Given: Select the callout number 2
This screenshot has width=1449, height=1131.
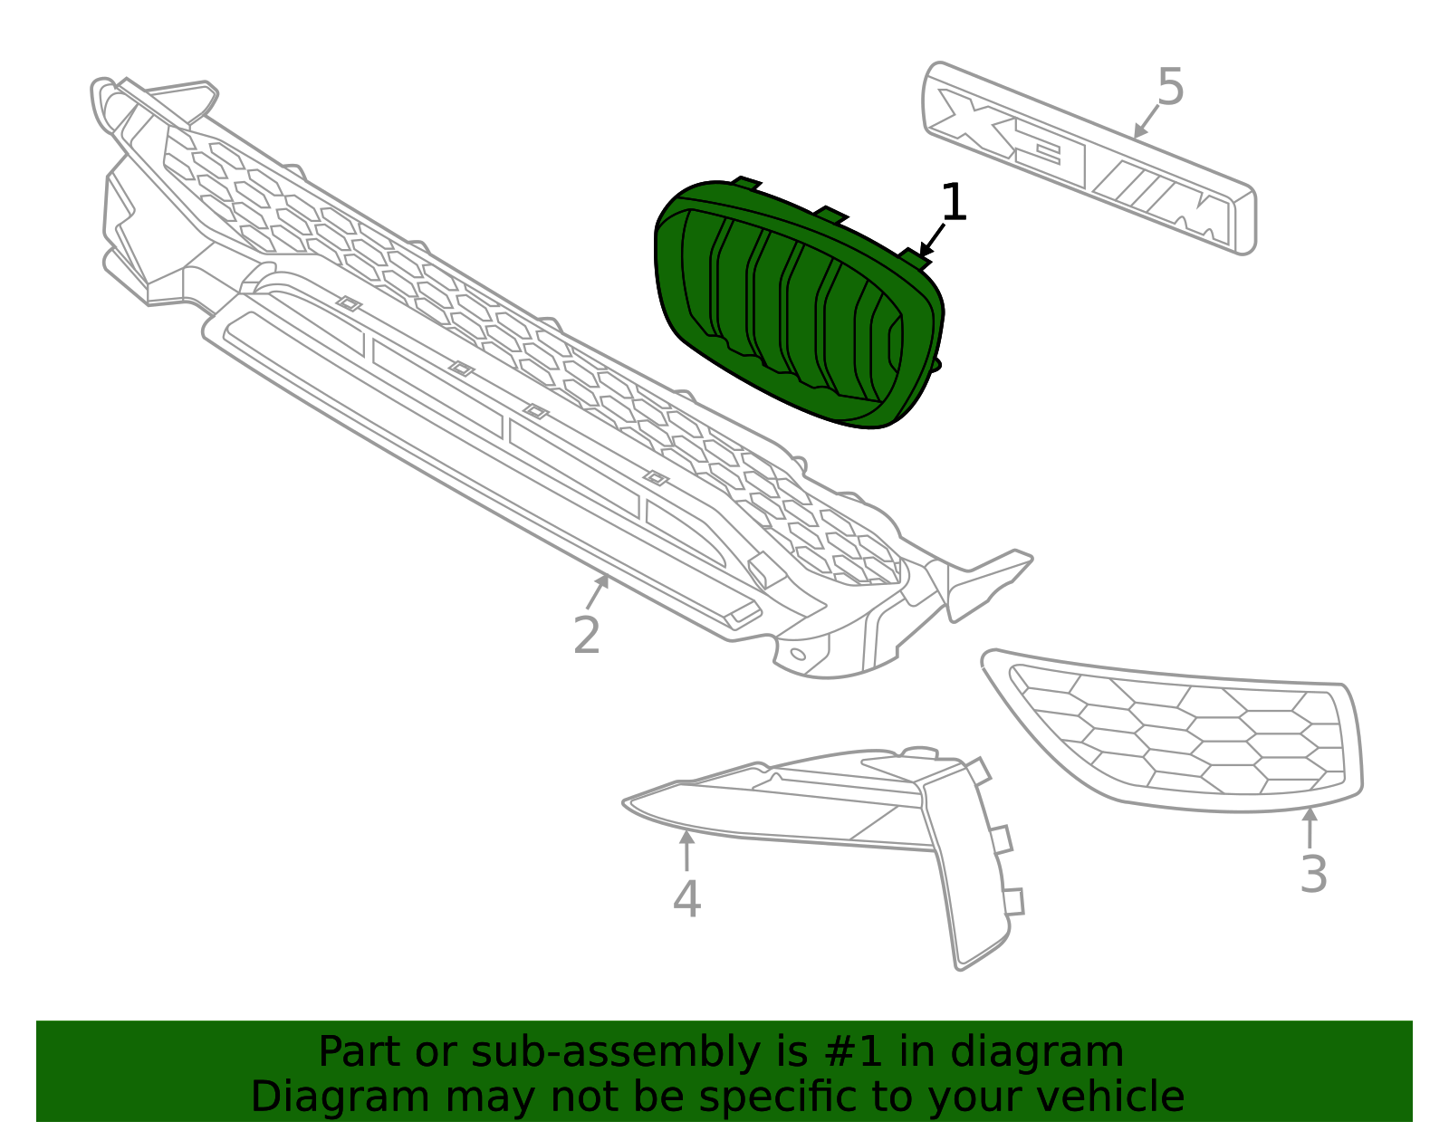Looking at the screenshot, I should (x=587, y=635).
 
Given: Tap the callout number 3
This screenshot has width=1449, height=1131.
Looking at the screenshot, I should (x=1313, y=875).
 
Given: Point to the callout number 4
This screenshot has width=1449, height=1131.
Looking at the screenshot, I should (x=686, y=899).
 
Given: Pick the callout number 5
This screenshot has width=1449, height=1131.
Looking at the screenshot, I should (x=1170, y=88).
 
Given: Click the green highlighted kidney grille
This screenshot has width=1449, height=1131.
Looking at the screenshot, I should (x=797, y=308).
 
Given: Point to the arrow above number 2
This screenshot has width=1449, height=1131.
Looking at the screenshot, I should (x=597, y=591).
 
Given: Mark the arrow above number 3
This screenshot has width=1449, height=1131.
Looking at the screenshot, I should (x=1310, y=828).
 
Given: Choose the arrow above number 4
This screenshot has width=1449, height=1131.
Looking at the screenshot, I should (x=686, y=850).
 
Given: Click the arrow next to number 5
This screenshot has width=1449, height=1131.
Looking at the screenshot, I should (x=1147, y=121).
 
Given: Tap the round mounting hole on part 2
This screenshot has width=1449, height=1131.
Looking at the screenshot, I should (x=797, y=654).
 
